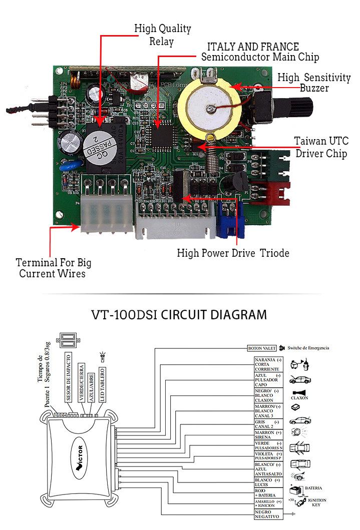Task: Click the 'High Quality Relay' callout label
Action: tap(162, 35)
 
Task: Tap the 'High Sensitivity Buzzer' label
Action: tap(314, 83)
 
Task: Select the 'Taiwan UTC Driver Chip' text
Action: tap(321, 147)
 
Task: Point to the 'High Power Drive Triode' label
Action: tap(233, 253)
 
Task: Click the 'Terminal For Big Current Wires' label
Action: tap(53, 268)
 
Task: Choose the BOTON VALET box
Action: tap(262, 348)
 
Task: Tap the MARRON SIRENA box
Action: tap(265, 434)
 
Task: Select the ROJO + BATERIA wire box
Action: tap(265, 492)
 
